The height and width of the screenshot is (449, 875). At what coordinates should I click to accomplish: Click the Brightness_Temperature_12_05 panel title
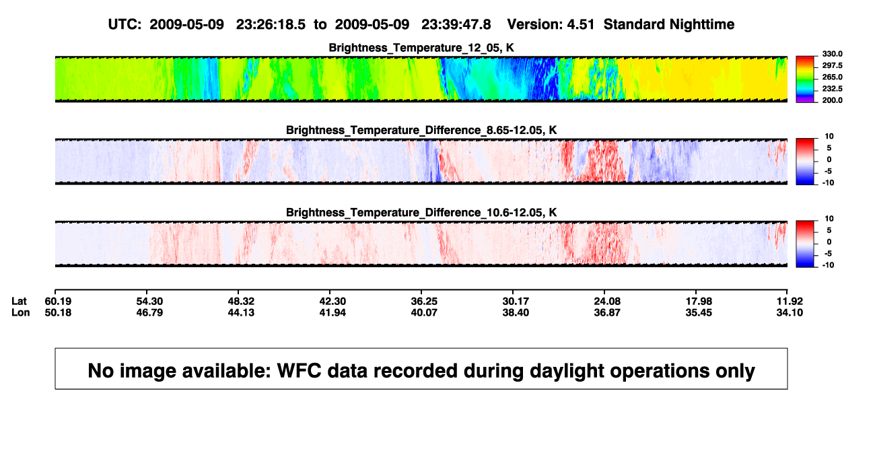(421, 48)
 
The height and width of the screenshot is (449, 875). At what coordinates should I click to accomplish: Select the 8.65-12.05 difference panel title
(421, 130)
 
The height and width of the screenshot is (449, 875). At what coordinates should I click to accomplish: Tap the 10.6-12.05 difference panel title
(421, 213)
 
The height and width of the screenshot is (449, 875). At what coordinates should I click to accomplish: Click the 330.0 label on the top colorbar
(832, 54)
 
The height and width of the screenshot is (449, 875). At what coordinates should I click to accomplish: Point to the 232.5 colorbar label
(832, 89)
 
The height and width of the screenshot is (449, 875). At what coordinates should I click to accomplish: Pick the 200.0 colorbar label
(832, 100)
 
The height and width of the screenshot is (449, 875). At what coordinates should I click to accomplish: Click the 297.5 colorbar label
(832, 66)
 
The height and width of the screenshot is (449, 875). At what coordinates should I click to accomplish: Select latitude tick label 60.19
(58, 302)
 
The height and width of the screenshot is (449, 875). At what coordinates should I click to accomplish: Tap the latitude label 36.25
(424, 302)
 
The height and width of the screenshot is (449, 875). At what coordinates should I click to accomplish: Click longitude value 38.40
(516, 312)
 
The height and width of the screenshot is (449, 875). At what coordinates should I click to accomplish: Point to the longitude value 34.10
(790, 312)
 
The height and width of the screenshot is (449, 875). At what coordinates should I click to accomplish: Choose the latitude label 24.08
(607, 302)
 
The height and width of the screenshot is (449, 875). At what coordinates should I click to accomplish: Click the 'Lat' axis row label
(19, 302)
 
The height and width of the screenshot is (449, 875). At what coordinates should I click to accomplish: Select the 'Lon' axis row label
(20, 312)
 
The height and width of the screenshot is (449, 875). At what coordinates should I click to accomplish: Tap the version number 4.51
(580, 25)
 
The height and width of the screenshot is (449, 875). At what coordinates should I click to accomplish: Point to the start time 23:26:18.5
(271, 25)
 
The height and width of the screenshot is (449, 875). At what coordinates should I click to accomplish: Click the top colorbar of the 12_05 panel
(805, 79)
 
